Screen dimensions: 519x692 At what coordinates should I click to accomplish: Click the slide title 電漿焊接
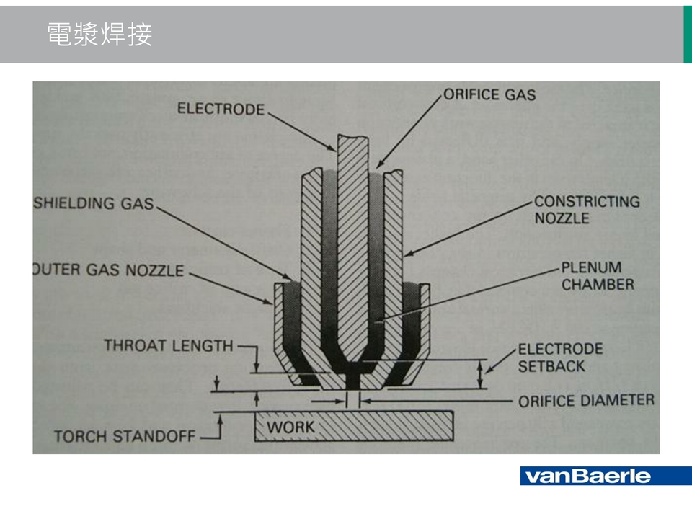tap(99, 34)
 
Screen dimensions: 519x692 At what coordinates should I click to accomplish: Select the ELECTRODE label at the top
tap(221, 109)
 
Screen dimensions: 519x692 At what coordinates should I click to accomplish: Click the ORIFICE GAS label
tap(489, 94)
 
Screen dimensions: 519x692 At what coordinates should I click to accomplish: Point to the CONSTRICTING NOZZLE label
tap(587, 209)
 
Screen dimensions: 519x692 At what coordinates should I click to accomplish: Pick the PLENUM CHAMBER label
tap(598, 275)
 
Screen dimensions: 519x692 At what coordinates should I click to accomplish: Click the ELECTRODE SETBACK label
tap(560, 357)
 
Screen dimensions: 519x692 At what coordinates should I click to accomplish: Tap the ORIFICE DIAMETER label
tap(586, 400)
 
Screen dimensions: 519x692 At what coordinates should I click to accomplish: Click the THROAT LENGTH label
tap(169, 345)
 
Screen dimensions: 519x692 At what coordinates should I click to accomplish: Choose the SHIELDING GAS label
tap(94, 203)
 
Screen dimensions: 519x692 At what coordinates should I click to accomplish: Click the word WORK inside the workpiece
tap(291, 427)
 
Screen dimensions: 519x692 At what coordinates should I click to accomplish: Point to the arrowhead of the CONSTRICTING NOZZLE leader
tap(406, 255)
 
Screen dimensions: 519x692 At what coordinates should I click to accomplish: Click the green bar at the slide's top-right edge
tap(687, 34)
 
